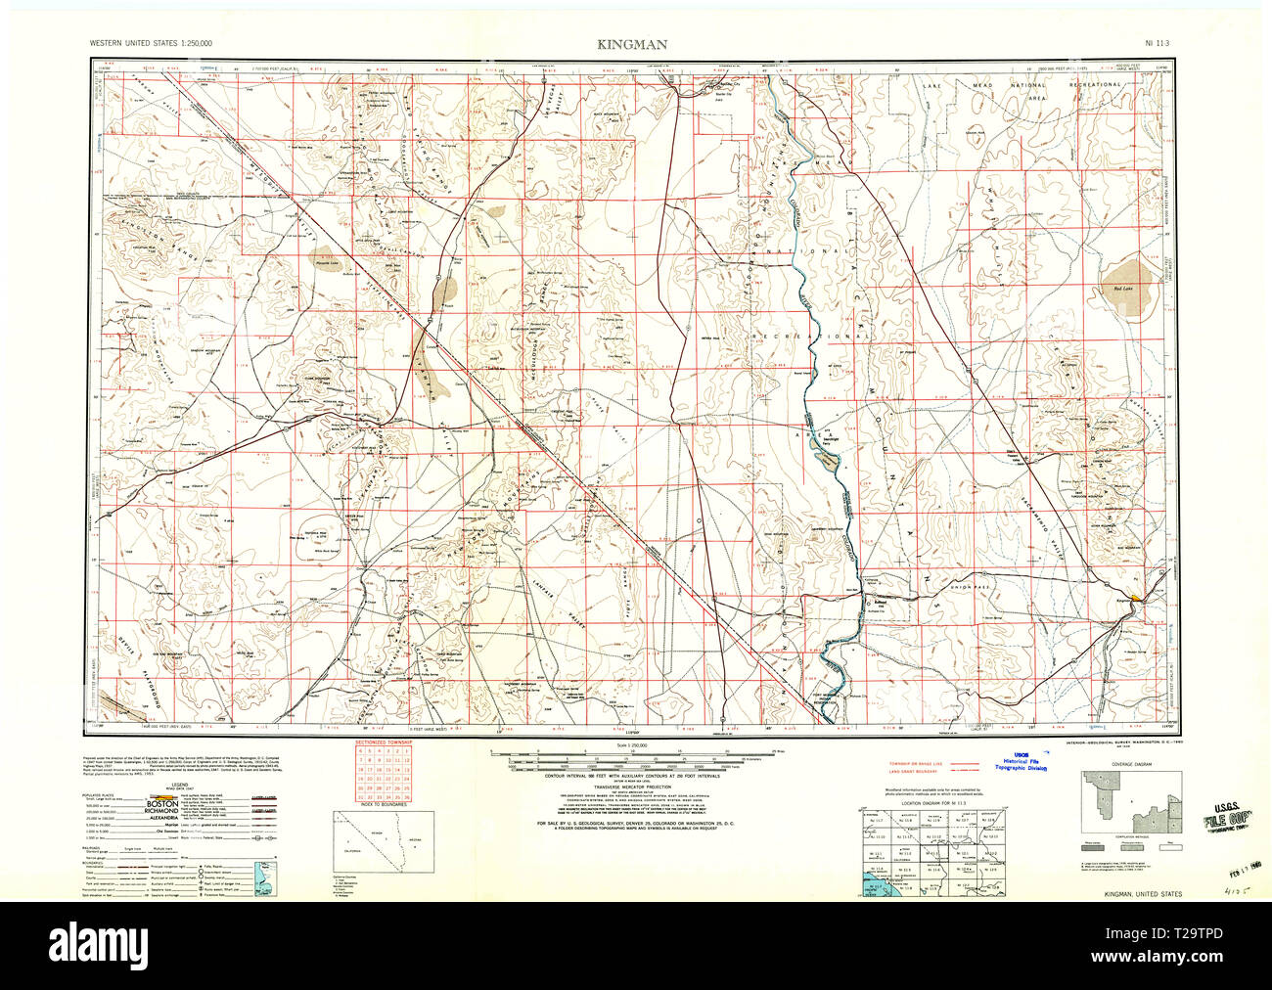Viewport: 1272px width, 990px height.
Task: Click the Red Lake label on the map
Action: coord(1122,289)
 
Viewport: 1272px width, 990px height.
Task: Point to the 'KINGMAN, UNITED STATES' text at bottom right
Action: coord(1141,894)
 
